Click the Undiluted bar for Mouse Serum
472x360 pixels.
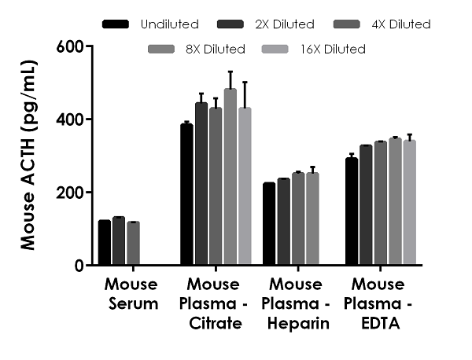pyautogui.click(x=105, y=243)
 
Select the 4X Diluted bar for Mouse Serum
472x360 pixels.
pyautogui.click(x=133, y=244)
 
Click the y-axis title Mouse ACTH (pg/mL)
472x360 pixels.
pyautogui.click(x=28, y=156)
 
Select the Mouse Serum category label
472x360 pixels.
pyautogui.click(x=130, y=292)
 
